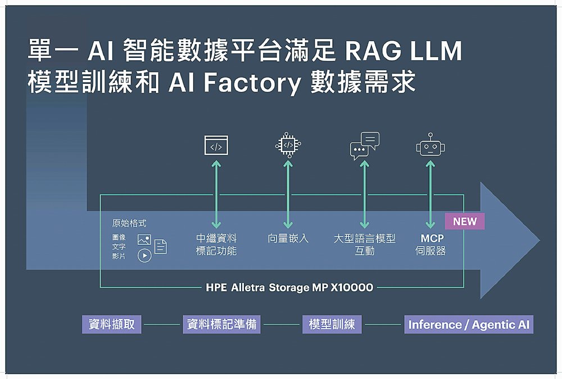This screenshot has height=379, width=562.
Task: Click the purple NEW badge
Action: [x=465, y=221]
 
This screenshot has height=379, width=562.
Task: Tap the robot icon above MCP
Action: [x=430, y=147]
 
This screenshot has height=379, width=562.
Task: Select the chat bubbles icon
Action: [x=364, y=145]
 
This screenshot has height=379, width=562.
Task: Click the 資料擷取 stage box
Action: [x=112, y=324]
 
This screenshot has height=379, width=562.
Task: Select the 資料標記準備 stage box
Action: [x=221, y=324]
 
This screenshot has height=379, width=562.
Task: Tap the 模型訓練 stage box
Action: [x=332, y=324]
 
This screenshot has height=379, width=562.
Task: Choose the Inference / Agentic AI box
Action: [x=469, y=325]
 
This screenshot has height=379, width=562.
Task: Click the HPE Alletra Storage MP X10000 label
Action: [x=289, y=287]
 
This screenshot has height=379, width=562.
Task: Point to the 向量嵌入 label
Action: [x=288, y=239]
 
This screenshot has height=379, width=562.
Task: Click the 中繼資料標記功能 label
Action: [x=216, y=245]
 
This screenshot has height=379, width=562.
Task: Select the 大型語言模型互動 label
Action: [x=365, y=245]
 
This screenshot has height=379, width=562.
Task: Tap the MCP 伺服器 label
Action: [x=431, y=245]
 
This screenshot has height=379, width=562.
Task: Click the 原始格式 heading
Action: [x=130, y=223]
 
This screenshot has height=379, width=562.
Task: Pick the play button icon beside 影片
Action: [x=144, y=255]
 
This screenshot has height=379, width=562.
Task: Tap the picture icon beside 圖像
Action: [x=144, y=240]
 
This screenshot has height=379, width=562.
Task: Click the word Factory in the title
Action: [x=252, y=83]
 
